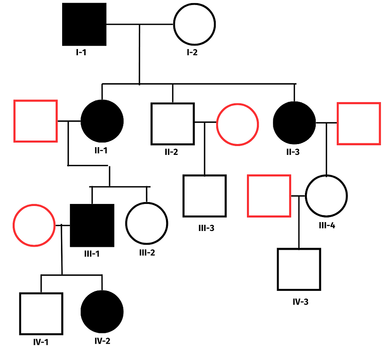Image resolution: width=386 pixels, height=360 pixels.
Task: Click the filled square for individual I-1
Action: [84, 24]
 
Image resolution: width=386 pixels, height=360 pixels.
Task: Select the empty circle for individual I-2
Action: [194, 24]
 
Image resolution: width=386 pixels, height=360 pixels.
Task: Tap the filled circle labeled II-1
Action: [102, 121]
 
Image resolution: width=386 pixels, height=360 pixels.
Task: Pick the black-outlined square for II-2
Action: [172, 124]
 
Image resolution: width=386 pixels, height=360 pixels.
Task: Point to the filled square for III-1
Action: [92, 225]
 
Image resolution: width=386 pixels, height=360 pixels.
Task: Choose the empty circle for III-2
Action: [147, 223]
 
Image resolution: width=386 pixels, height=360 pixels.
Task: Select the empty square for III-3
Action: [204, 196]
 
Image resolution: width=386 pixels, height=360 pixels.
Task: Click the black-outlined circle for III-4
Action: [327, 196]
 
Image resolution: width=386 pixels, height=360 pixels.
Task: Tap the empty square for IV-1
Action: [41, 314]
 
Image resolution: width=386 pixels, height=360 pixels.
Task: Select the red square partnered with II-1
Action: [36, 121]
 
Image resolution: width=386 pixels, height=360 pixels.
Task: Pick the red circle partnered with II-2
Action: [237, 124]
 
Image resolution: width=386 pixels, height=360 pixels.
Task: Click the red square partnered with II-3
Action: [359, 124]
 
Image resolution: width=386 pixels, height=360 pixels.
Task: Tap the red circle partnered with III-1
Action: [34, 225]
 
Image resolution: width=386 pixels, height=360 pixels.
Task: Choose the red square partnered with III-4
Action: [269, 195]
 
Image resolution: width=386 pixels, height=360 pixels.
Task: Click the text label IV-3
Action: [300, 302]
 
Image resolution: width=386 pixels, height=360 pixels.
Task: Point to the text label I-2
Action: [192, 53]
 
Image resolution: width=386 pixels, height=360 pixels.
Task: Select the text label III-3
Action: [206, 228]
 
